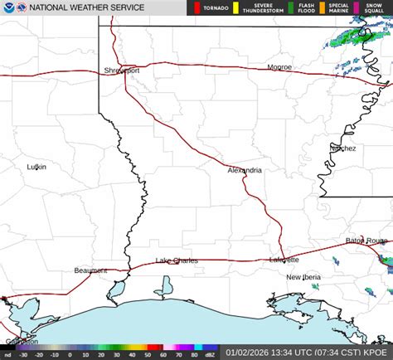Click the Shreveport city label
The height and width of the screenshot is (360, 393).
coord(122,71)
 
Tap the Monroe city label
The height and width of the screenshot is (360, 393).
coord(279,67)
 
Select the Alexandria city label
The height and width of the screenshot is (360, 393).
coord(245,170)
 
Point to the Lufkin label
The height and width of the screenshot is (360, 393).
coord(36,167)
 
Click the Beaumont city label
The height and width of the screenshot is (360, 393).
coord(90,270)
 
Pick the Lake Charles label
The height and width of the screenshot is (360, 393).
coord(177,260)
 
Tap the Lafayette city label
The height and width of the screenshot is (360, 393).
coord(284,260)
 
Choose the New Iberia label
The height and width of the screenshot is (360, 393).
coord(303,277)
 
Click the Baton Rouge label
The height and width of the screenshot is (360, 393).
coord(366,241)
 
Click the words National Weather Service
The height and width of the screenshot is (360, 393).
coord(86,7)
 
